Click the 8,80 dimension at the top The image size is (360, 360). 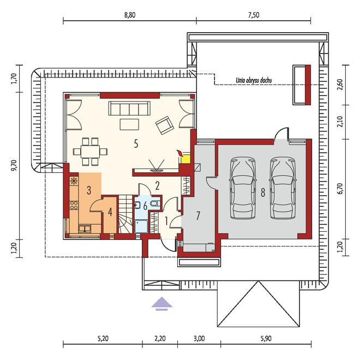click(130, 15)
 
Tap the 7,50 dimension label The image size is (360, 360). click(254, 15)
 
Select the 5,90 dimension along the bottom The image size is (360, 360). click(266, 339)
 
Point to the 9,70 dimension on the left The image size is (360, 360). click(14, 165)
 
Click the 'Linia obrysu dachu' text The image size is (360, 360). click(254, 80)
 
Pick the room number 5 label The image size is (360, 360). click(136, 144)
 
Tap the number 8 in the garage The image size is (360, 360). click(263, 193)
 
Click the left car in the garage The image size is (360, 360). click(243, 188)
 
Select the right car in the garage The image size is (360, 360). click(283, 188)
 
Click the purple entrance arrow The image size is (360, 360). click(161, 303)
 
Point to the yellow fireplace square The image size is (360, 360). click(185, 159)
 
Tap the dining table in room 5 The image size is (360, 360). click(90, 152)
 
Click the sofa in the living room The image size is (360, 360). click(129, 109)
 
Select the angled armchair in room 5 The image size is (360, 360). click(165, 125)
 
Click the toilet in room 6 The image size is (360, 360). click(155, 203)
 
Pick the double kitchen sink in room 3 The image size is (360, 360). click(85, 229)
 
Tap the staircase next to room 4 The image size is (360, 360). click(125, 214)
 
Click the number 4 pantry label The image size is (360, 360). click(110, 212)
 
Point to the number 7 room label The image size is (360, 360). click(198, 215)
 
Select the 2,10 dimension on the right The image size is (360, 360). click(340, 122)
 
